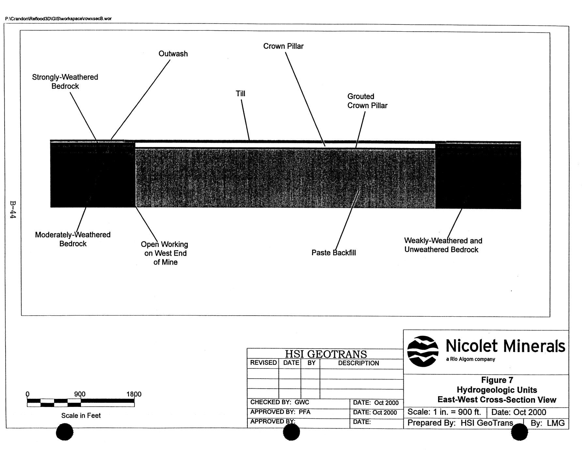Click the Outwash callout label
tap(173, 54)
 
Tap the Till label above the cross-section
tap(240, 94)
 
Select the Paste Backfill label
tap(334, 253)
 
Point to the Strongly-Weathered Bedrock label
tap(65, 82)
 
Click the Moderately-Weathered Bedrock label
tap(73, 239)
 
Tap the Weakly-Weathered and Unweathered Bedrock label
tap(443, 245)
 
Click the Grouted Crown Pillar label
tap(367, 101)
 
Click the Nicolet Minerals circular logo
tap(423, 351)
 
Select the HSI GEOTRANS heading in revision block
tap(326, 354)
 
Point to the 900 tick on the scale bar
tap(80, 394)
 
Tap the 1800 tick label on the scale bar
tap(134, 394)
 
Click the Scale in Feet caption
tap(81, 415)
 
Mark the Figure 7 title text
tap(497, 380)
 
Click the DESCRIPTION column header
tap(358, 363)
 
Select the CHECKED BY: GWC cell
tap(280, 402)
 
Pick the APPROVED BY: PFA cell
tap(280, 412)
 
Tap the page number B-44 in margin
tap(13, 209)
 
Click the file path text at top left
tap(58, 19)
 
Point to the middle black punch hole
tap(291, 432)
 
